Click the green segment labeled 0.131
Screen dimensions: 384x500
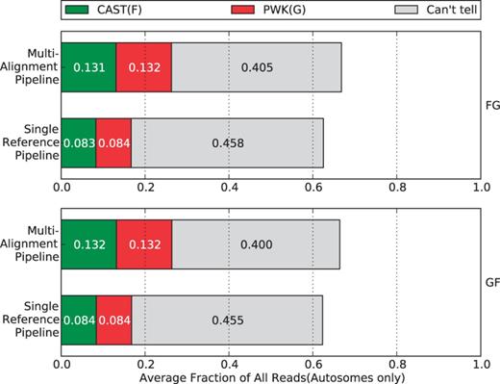(88, 67)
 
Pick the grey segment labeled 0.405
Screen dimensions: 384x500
(256, 67)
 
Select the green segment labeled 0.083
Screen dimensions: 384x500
(79, 143)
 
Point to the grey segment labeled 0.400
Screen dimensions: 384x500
(255, 245)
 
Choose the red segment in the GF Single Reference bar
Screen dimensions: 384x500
(113, 320)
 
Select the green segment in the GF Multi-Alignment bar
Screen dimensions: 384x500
(88, 245)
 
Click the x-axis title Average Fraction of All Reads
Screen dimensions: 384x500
(270, 376)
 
